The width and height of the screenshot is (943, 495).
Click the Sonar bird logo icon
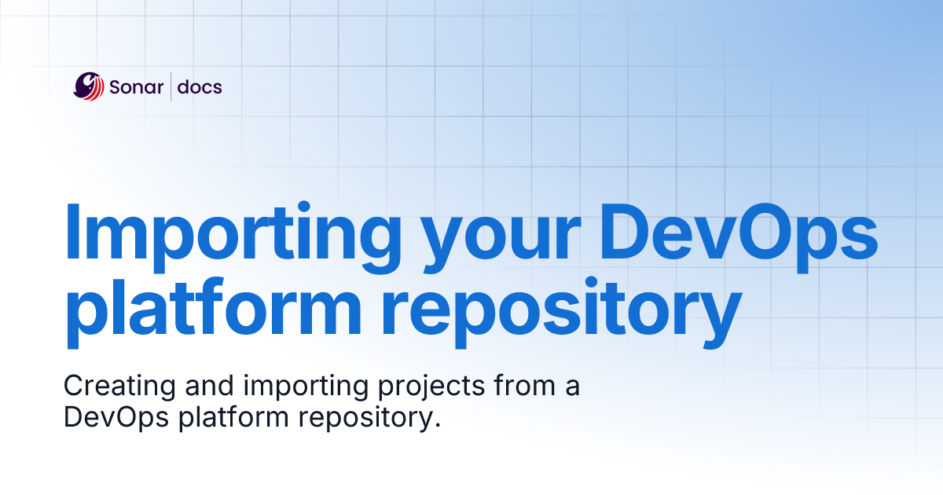[x=89, y=86]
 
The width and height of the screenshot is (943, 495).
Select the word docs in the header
[x=200, y=87]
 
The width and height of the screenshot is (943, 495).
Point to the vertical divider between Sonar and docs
[x=171, y=87]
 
